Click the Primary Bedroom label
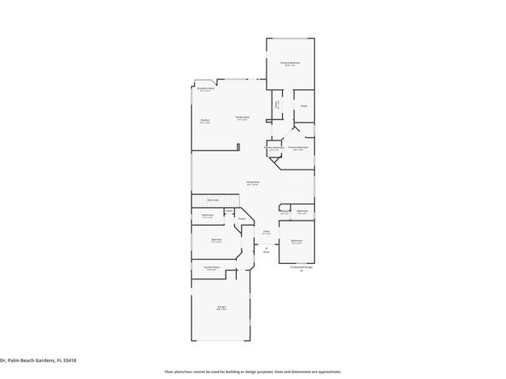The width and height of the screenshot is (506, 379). click(x=290, y=63)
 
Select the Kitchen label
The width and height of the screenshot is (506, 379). click(x=205, y=121)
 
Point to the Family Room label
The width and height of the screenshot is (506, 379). click(x=243, y=118)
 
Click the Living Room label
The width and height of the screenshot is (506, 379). click(x=253, y=182)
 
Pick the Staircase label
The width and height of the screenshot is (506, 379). click(x=213, y=200)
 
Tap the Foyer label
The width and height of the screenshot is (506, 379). click(x=266, y=231)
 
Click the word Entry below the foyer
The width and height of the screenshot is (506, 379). click(x=266, y=252)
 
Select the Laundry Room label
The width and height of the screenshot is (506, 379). click(x=211, y=268)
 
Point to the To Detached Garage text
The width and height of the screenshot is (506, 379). click(x=302, y=267)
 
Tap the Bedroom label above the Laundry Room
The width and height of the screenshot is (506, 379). click(x=217, y=240)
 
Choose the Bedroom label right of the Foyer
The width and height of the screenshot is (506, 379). click(x=296, y=241)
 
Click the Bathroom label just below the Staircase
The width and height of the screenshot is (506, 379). click(x=208, y=215)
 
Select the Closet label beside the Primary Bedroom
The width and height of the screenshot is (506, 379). click(x=303, y=106)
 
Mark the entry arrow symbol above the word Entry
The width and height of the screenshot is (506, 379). click(x=266, y=247)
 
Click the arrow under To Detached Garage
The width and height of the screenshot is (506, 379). click(x=302, y=272)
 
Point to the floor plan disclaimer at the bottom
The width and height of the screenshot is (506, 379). click(x=252, y=372)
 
